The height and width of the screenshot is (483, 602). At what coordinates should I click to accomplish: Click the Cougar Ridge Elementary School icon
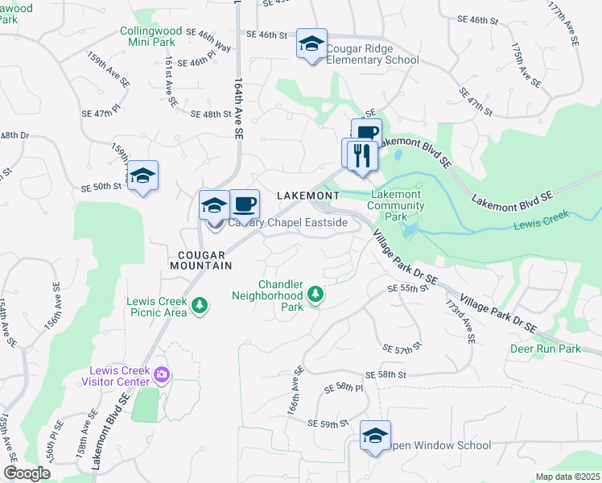311,44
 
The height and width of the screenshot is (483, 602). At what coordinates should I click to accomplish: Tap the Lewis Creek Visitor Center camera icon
162,374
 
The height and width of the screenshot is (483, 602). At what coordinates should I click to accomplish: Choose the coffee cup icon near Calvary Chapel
245,204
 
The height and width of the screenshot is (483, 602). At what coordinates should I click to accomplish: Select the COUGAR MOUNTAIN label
200,259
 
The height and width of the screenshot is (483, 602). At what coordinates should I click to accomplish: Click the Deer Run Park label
545,349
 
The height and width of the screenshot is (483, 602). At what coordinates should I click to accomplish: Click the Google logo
27,473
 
